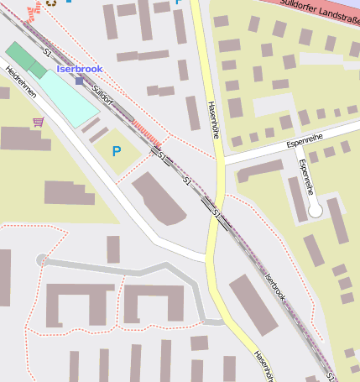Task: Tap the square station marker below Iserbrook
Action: tap(79, 81)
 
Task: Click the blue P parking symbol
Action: tap(116, 151)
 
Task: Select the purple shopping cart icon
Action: tap(37, 123)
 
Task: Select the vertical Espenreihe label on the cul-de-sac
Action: tap(305, 175)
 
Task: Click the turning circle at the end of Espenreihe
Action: tap(315, 211)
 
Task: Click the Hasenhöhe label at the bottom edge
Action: tap(263, 364)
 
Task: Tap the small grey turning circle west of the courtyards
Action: tap(42, 260)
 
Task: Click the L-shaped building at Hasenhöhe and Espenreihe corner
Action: tap(257, 171)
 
